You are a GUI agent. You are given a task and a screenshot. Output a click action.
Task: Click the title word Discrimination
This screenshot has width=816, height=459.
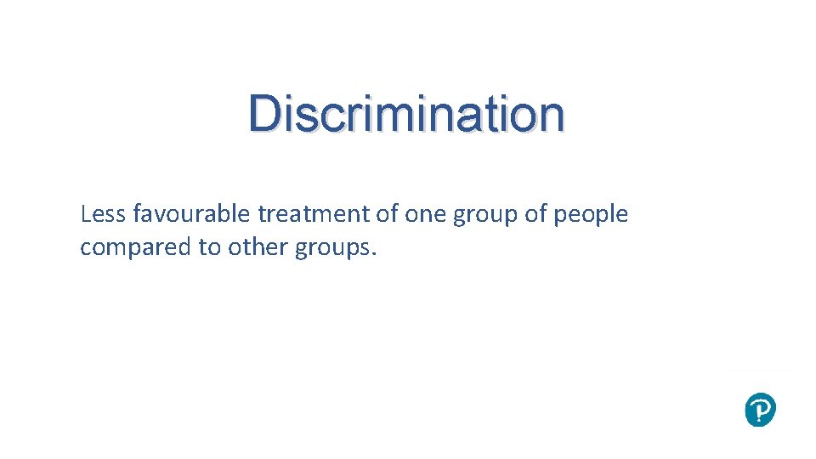406,114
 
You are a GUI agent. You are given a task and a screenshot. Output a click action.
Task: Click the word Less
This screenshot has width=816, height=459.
103,214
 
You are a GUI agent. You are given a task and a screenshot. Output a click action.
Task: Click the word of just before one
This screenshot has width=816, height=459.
388,214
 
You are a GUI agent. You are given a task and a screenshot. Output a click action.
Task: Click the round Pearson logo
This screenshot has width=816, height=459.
760,410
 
